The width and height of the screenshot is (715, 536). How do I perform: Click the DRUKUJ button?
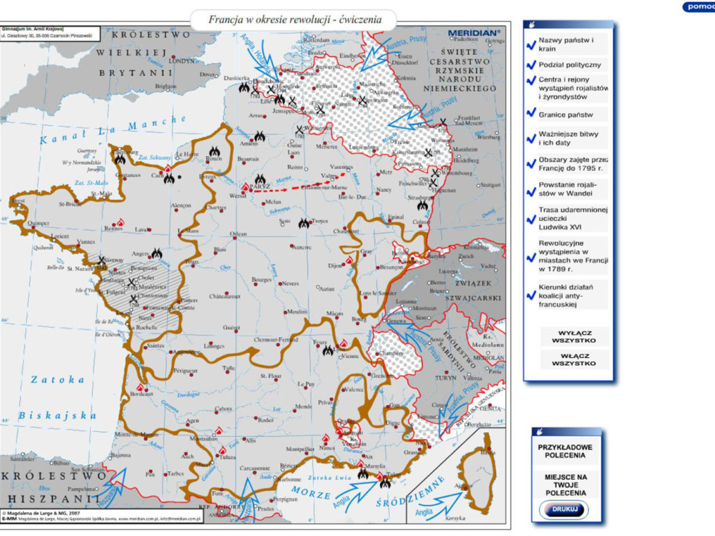563,510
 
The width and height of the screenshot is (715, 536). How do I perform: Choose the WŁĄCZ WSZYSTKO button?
574,359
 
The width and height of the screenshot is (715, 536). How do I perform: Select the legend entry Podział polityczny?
570,64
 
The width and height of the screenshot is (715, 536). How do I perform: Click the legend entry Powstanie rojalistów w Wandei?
567,189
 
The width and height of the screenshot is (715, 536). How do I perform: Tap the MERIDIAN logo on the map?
473,33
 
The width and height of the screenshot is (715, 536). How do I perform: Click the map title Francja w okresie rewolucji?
295,19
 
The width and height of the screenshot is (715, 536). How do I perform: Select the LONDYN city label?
182,60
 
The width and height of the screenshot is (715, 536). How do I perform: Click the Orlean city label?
238,234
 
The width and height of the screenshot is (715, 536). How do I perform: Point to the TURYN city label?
445,378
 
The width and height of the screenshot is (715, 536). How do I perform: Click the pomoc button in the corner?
698,6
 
